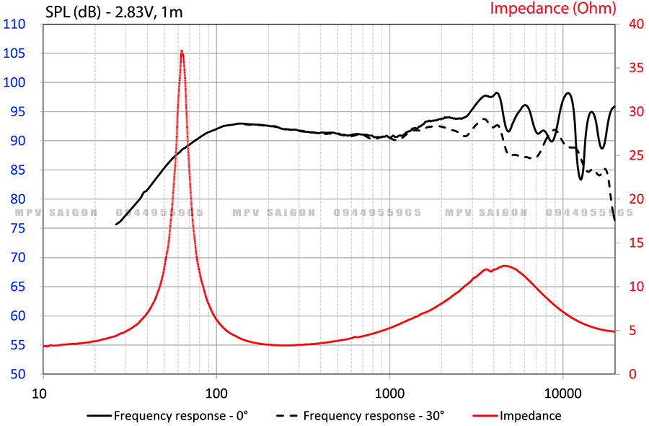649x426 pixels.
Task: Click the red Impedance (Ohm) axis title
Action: click(x=553, y=9)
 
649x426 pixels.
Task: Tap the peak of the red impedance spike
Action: click(x=182, y=51)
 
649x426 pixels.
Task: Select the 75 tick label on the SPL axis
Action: click(x=18, y=228)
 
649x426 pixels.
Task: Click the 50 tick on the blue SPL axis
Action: click(x=18, y=374)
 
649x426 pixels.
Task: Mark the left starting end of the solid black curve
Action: click(x=116, y=225)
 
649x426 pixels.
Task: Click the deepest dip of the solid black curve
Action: click(x=580, y=179)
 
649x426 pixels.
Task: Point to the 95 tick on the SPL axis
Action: click(x=18, y=111)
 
